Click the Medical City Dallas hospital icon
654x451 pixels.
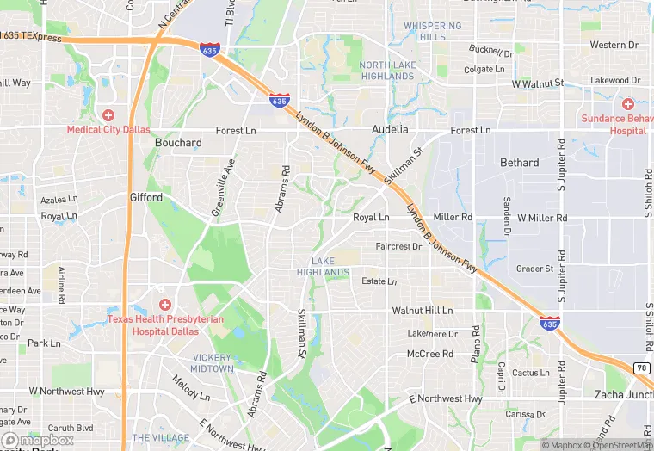[x=108, y=114]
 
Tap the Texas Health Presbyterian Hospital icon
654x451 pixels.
[x=165, y=304]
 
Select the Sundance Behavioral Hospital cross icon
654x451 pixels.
[x=627, y=103]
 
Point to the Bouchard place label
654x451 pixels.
[x=178, y=143]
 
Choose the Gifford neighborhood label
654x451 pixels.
[x=146, y=197]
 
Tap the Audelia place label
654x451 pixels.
[x=390, y=130]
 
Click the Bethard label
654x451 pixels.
[x=520, y=162]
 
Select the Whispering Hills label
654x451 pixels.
[x=433, y=32]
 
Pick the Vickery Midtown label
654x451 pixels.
[x=213, y=362]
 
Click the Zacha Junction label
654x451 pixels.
[x=623, y=394]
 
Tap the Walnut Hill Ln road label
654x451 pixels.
[x=422, y=310]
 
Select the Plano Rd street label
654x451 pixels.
[x=474, y=343]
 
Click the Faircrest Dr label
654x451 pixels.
[x=398, y=246]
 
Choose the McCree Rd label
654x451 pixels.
[x=429, y=354]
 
